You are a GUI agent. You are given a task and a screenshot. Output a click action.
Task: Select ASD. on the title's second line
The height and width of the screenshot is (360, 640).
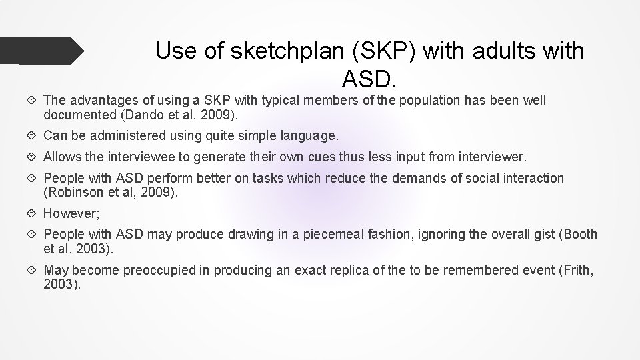point(370,79)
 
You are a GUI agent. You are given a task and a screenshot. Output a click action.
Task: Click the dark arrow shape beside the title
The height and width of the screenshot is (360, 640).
point(47,51)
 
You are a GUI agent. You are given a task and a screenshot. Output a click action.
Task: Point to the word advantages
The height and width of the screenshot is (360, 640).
point(102,101)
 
